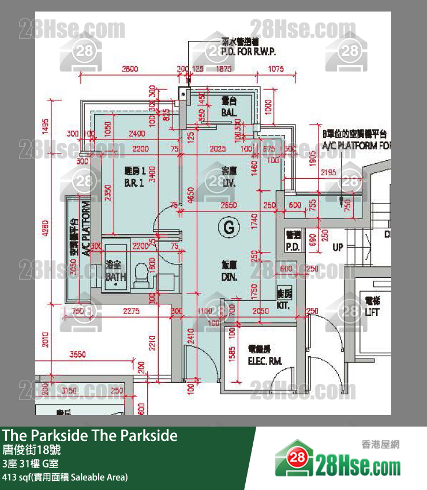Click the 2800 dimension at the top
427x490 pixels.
click(x=130, y=69)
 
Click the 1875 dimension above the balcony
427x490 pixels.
click(x=224, y=69)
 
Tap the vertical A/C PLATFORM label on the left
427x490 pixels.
click(x=85, y=229)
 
